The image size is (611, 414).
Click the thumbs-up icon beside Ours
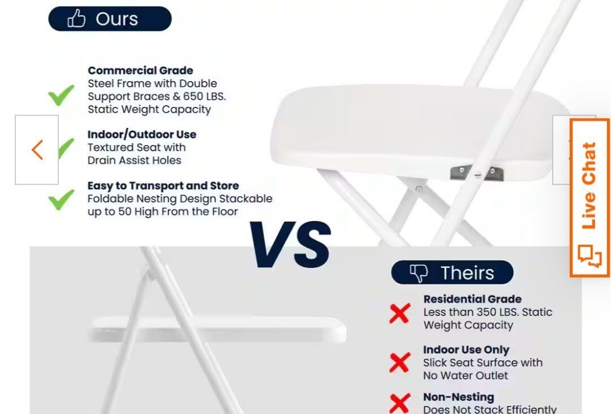point(76,18)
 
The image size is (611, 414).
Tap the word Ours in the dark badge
point(117,19)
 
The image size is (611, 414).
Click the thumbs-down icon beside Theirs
point(419,273)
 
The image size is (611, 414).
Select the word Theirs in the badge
point(467,273)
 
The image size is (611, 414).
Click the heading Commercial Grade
point(140,70)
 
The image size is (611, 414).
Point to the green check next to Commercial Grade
point(61,95)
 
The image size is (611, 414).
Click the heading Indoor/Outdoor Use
point(142,134)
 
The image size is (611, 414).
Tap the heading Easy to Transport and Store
point(163,185)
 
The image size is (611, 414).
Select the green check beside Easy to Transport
point(61,199)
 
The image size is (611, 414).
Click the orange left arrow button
point(37,150)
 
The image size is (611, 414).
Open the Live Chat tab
point(590,198)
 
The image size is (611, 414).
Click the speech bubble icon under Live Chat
point(590,256)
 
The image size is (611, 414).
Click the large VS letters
point(290,244)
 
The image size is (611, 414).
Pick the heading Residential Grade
point(472,299)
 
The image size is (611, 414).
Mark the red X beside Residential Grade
point(400,313)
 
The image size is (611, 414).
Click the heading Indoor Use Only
point(466,349)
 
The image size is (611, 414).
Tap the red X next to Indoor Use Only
point(400,362)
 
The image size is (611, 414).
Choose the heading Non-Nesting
point(459,397)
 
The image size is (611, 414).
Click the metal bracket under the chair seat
point(476,173)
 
